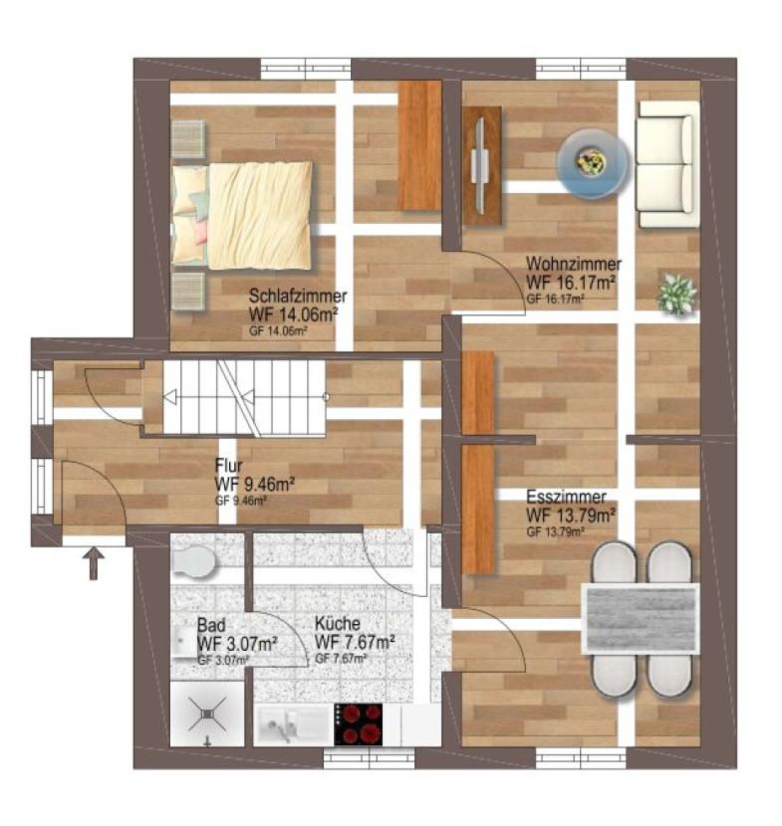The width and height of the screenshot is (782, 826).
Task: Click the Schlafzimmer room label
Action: [x=298, y=296]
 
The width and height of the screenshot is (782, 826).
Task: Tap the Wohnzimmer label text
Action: [x=574, y=264]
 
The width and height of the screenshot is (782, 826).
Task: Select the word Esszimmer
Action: [x=567, y=497]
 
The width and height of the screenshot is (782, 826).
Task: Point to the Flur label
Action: [x=229, y=466]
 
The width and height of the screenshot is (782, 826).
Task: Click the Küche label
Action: [x=338, y=624]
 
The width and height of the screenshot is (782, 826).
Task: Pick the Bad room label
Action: [x=211, y=625]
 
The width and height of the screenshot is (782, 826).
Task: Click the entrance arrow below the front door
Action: [x=94, y=563]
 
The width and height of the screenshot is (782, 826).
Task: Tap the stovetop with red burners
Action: [x=358, y=724]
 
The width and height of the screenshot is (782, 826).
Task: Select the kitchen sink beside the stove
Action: [x=292, y=725]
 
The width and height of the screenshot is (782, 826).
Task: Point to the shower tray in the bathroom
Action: [x=207, y=715]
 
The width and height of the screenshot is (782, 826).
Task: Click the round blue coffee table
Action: [x=594, y=164]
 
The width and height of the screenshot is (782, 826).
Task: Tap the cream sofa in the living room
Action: [x=666, y=164]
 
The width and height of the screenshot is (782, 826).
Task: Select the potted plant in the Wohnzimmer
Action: [x=676, y=294]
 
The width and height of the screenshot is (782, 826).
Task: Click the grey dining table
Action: [x=641, y=618]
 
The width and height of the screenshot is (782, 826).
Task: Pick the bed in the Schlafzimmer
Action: [x=242, y=215]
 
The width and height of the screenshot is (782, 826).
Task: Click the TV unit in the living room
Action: [x=482, y=166]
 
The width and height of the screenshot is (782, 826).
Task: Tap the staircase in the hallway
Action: [x=244, y=398]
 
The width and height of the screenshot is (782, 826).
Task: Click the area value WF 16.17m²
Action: [x=571, y=282]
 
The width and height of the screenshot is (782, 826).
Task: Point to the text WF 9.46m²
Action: [x=255, y=484]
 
